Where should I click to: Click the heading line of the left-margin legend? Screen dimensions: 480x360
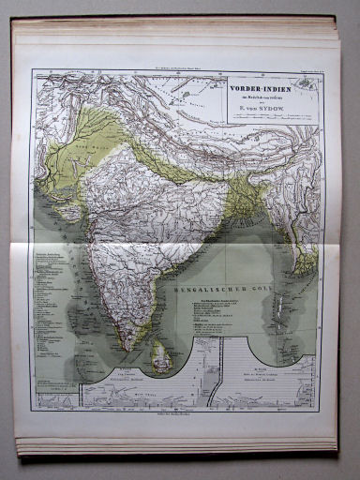[x=52, y=255]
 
